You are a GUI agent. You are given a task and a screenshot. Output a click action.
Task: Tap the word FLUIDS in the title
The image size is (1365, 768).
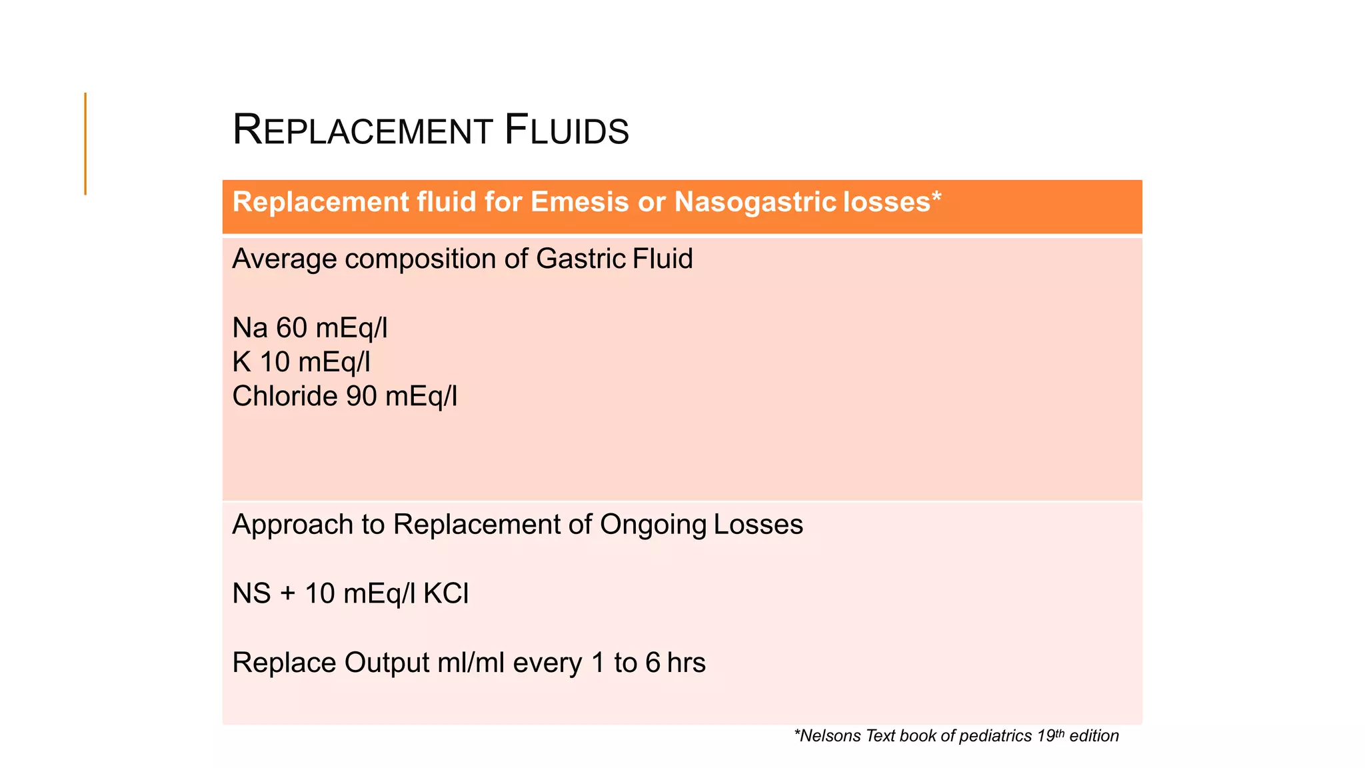click(566, 130)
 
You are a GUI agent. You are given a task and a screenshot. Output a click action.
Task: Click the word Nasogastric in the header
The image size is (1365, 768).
click(755, 201)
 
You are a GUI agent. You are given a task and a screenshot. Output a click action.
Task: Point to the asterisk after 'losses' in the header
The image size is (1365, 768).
click(936, 197)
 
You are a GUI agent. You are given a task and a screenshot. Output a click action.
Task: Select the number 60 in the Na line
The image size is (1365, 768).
click(292, 328)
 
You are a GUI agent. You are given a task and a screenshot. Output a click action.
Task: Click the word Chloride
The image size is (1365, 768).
click(285, 396)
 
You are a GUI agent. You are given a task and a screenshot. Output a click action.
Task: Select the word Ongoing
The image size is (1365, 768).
click(653, 525)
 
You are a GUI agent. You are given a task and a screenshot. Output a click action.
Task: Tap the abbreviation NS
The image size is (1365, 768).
click(251, 593)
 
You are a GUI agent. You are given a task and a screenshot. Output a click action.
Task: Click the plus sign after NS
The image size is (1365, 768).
click(287, 593)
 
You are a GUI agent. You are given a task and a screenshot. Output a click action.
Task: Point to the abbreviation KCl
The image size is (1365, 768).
click(446, 593)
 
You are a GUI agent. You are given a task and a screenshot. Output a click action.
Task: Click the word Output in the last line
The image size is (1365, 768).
click(387, 663)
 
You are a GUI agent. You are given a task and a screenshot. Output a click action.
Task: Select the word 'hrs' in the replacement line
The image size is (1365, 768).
click(686, 663)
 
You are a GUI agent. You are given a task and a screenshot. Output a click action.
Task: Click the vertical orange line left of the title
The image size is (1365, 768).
click(85, 143)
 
